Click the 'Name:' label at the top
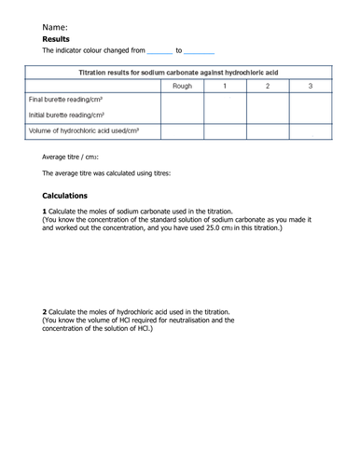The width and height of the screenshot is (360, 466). point(55,27)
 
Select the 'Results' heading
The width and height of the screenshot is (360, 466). point(61,40)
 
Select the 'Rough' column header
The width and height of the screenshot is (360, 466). point(183,86)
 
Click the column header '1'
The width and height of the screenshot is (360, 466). point(224,86)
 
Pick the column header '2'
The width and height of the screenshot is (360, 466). point(267,86)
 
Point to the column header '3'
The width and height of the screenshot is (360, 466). point(309,86)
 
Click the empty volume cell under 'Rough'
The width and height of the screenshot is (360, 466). point(183,131)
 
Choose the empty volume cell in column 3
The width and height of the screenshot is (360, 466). point(309,131)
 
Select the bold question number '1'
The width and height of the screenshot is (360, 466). point(45,212)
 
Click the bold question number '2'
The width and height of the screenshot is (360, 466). point(45,311)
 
